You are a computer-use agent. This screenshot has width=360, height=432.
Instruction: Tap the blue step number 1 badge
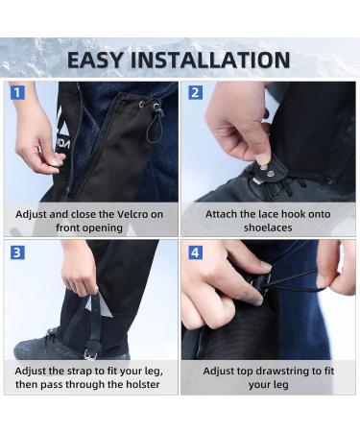[17, 93]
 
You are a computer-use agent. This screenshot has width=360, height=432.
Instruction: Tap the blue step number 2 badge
[195, 93]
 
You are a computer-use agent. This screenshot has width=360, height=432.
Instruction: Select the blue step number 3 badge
[17, 252]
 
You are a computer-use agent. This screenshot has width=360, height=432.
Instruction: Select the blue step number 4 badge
[195, 252]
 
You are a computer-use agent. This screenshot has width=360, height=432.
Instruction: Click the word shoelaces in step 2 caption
[270, 228]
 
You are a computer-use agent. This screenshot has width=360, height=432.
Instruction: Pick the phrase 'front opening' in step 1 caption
[90, 228]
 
